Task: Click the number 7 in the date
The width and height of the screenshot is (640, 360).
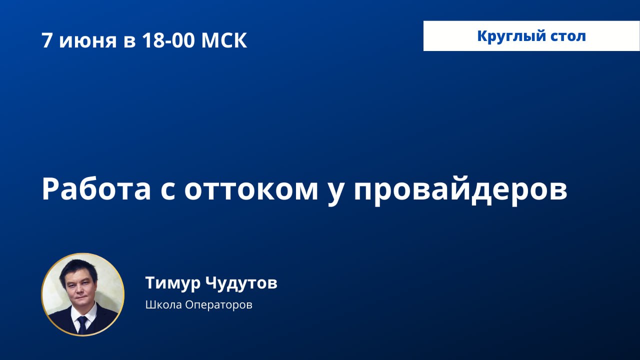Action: (47, 40)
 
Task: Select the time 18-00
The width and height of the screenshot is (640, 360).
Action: (167, 40)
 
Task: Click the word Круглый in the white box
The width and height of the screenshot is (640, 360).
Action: (507, 37)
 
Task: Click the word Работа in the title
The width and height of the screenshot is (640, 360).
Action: (96, 188)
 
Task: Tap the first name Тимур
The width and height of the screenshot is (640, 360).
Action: (173, 283)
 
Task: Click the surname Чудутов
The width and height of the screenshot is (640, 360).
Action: (241, 283)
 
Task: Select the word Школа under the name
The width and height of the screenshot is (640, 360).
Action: (163, 304)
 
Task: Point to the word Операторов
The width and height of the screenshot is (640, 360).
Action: (218, 305)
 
